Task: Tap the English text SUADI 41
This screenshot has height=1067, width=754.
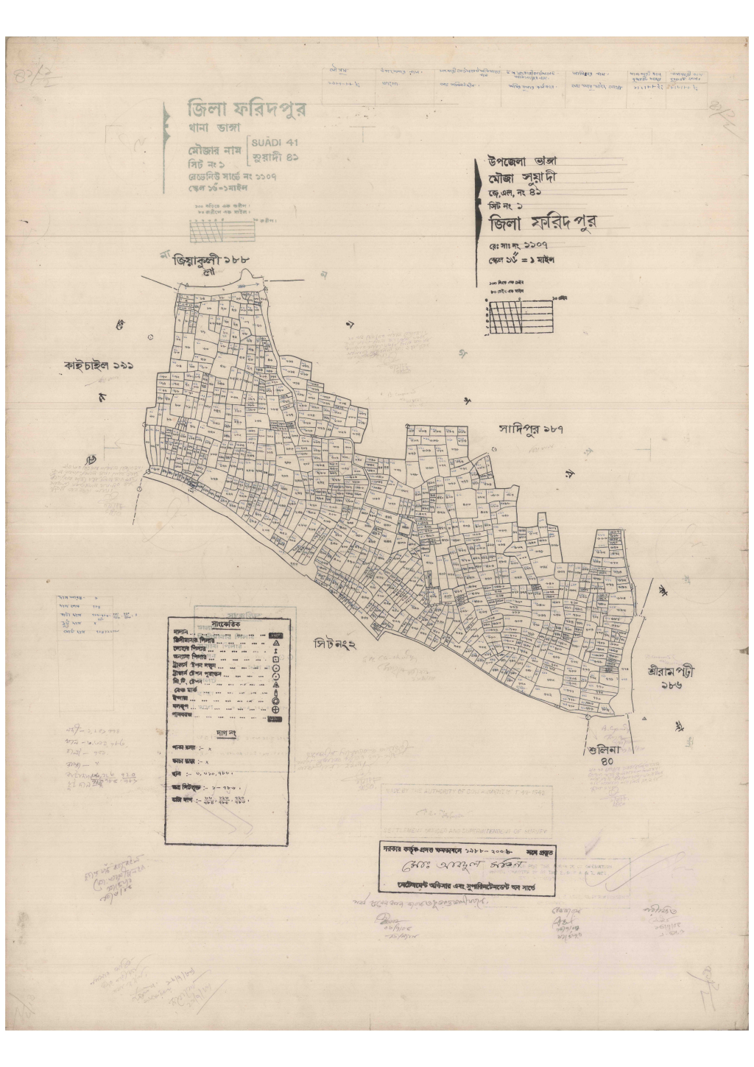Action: point(275,142)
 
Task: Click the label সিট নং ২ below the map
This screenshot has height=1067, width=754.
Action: point(334,645)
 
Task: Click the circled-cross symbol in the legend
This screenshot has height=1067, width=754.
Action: point(275,708)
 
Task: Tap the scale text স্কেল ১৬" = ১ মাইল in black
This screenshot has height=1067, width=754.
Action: point(520,259)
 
